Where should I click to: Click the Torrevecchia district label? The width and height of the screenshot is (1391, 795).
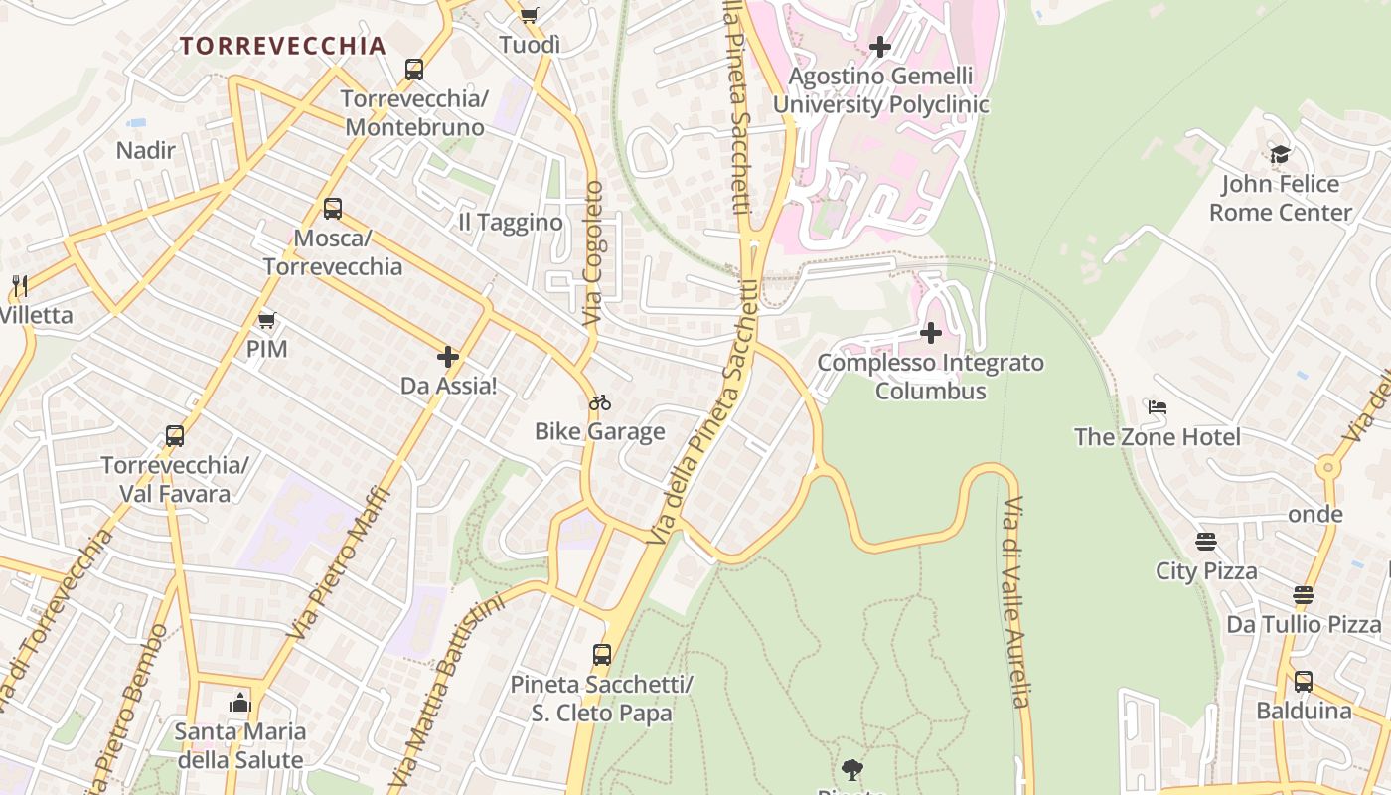[282, 46]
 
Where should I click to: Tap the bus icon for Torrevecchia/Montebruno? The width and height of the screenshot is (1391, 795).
[414, 70]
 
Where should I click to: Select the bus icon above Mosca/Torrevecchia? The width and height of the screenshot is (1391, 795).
[333, 209]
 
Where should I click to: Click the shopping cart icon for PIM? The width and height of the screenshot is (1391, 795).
[266, 320]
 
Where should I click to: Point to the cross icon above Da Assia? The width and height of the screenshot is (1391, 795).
[448, 356]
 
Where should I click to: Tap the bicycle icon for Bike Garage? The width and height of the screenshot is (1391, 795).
[599, 402]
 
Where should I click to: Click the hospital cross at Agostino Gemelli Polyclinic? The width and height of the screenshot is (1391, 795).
[880, 47]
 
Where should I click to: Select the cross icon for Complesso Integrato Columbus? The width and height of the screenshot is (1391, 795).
[931, 333]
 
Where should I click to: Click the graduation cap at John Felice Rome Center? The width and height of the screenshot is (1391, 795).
[1280, 155]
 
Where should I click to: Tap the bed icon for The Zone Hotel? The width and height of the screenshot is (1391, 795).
[1157, 407]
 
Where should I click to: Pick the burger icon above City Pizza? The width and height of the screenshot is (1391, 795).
[1206, 542]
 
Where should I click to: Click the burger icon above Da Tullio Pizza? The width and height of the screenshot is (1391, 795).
[1304, 595]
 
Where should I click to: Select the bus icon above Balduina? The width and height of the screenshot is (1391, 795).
[1304, 682]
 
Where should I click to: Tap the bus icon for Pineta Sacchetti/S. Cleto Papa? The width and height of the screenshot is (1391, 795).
[602, 655]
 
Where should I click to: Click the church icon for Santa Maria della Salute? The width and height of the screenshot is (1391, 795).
[239, 704]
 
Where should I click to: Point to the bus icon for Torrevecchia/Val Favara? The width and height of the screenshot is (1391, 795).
[175, 436]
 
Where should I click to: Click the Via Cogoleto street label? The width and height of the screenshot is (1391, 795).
[593, 253]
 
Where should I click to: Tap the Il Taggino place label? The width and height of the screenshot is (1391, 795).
[510, 222]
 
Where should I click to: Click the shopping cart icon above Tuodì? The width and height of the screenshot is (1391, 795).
[529, 15]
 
